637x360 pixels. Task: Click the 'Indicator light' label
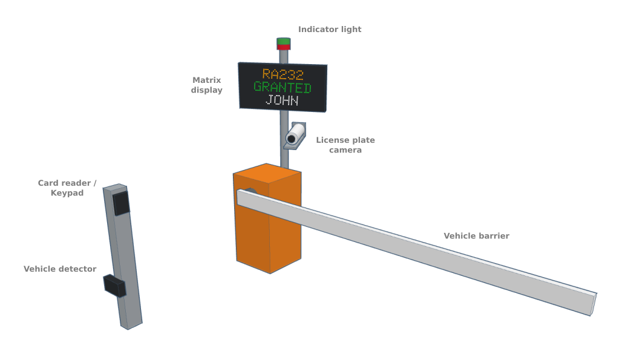(x=330, y=29)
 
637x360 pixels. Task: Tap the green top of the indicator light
(x=284, y=41)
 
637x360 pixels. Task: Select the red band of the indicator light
(x=284, y=47)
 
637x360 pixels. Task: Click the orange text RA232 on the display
(x=283, y=74)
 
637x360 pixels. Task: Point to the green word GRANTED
(x=283, y=87)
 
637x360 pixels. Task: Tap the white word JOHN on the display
(x=283, y=100)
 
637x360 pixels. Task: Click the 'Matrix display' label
(x=207, y=85)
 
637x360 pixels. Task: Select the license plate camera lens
(x=291, y=139)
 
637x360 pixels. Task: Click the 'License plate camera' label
(x=345, y=145)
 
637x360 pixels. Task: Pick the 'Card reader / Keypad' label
(x=67, y=188)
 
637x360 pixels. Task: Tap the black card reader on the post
(x=121, y=203)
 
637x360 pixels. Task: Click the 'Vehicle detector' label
(x=60, y=269)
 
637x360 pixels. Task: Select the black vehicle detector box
(x=114, y=286)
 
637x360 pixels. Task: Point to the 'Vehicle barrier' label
(x=477, y=236)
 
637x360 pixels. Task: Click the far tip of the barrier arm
(x=593, y=304)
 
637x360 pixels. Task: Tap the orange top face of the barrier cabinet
(x=267, y=173)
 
